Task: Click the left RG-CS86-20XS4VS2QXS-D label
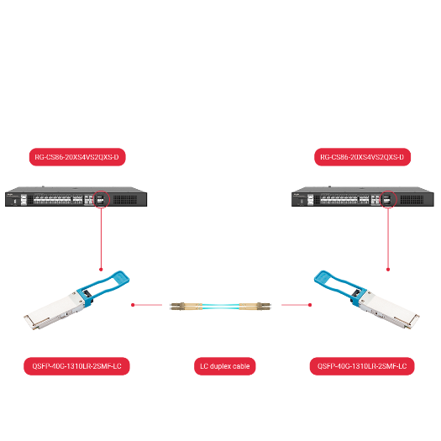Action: (x=76, y=157)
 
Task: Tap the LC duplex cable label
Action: (x=224, y=366)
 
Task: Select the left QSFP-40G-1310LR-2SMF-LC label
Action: (x=76, y=366)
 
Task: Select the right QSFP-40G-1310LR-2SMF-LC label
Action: (x=362, y=366)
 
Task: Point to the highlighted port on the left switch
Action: (x=100, y=200)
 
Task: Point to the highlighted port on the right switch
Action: (x=388, y=200)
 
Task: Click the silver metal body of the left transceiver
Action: (x=59, y=315)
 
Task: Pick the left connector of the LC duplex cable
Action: (x=179, y=306)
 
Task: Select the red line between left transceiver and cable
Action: (x=148, y=305)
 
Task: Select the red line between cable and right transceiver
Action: (x=297, y=305)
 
